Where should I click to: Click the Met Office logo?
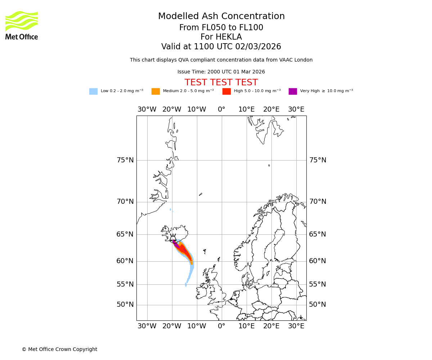[x=22, y=25]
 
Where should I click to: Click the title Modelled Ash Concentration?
[x=221, y=17]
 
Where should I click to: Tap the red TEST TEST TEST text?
[x=221, y=82]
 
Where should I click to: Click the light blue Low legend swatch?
[x=93, y=91]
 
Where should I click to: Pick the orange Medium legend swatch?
[x=156, y=91]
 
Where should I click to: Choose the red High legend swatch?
[x=226, y=91]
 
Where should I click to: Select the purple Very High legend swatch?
[x=293, y=91]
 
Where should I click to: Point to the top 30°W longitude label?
[x=147, y=109]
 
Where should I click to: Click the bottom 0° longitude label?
[x=221, y=326]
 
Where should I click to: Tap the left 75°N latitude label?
[x=125, y=160]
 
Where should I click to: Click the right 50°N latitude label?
[x=318, y=305]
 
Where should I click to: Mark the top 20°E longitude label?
[x=271, y=109]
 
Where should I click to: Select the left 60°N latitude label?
[x=125, y=261]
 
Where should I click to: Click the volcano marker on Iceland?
[x=173, y=238]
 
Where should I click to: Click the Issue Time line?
[x=221, y=72]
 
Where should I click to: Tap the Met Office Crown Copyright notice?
[x=59, y=349]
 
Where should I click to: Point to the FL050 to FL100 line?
[x=221, y=28]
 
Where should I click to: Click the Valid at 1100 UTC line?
[x=221, y=47]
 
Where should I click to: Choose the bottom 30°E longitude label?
[x=296, y=326]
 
